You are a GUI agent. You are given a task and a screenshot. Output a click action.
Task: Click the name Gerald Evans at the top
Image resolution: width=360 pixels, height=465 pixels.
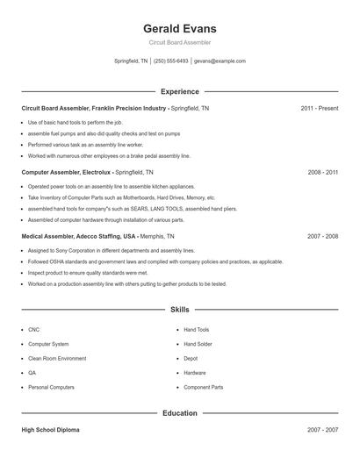click(x=179, y=28)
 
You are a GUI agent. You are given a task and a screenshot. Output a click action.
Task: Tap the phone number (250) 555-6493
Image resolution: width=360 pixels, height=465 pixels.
click(x=171, y=61)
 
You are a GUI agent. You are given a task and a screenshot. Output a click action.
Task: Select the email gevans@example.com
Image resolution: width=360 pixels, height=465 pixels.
click(x=220, y=61)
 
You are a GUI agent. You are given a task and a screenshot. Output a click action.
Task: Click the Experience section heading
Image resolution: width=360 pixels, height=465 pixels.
click(x=179, y=91)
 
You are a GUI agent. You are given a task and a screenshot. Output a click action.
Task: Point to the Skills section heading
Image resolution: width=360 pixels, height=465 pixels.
click(x=179, y=309)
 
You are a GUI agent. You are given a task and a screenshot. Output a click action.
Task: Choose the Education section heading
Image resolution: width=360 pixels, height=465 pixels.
click(x=179, y=412)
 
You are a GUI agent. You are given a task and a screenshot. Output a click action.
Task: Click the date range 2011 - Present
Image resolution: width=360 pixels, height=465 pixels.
click(x=319, y=108)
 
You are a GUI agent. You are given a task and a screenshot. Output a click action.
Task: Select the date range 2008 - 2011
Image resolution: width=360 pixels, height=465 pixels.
click(x=322, y=173)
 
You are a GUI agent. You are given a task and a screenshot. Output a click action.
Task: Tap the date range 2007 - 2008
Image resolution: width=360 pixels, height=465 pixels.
click(x=322, y=237)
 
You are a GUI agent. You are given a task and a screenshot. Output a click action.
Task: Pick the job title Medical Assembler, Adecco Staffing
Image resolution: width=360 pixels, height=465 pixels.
click(x=79, y=237)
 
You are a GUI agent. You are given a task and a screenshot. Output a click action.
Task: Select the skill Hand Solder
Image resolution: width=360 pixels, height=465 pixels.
click(x=198, y=344)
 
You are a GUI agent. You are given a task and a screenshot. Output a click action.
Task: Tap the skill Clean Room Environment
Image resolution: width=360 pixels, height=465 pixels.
click(x=57, y=358)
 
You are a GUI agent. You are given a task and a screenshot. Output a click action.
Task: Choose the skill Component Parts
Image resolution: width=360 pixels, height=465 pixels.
click(x=203, y=387)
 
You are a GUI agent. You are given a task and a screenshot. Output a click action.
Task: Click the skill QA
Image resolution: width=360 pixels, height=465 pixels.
click(x=32, y=373)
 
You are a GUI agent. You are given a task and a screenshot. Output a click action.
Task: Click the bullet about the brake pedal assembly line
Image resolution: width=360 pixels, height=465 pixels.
click(x=109, y=155)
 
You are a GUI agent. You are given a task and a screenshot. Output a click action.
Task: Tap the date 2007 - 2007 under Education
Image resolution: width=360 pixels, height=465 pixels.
click(x=322, y=430)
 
